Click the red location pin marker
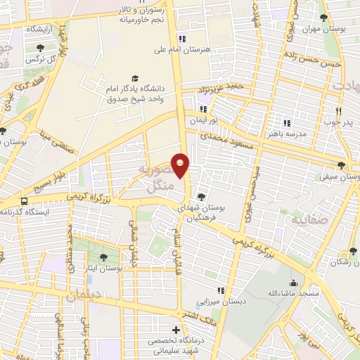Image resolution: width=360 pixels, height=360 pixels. click(181, 165)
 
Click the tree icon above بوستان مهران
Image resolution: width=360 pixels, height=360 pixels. click(323, 18)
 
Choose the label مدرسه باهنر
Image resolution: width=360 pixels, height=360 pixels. click(287, 132)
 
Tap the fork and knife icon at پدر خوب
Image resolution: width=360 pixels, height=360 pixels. click(338, 111)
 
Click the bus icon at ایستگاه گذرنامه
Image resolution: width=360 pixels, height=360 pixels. click(25, 200)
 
